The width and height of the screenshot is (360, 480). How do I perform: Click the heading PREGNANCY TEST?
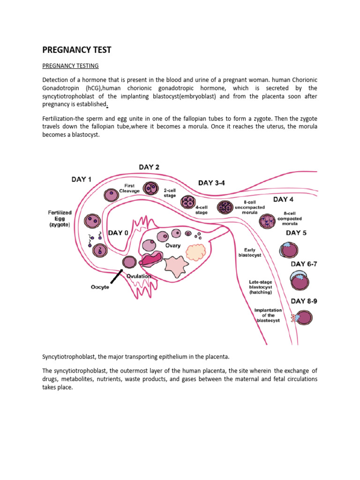click(x=77, y=50)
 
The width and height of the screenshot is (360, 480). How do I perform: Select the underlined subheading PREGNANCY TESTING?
click(x=70, y=66)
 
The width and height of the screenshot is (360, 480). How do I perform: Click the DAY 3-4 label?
click(x=211, y=183)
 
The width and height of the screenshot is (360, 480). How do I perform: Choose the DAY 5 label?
click(x=297, y=233)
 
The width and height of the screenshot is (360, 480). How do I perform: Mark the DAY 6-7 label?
click(x=304, y=264)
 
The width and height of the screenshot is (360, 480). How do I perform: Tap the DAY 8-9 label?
click(x=304, y=301)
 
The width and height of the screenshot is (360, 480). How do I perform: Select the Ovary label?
click(x=172, y=246)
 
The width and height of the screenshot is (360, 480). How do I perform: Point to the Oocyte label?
click(x=99, y=287)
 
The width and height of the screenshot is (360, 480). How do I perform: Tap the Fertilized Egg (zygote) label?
click(x=60, y=219)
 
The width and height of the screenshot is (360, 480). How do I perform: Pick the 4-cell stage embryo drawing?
click(x=187, y=202)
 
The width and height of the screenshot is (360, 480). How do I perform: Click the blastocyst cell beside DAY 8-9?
click(x=303, y=317)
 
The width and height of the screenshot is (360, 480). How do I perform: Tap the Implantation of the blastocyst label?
click(x=268, y=315)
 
